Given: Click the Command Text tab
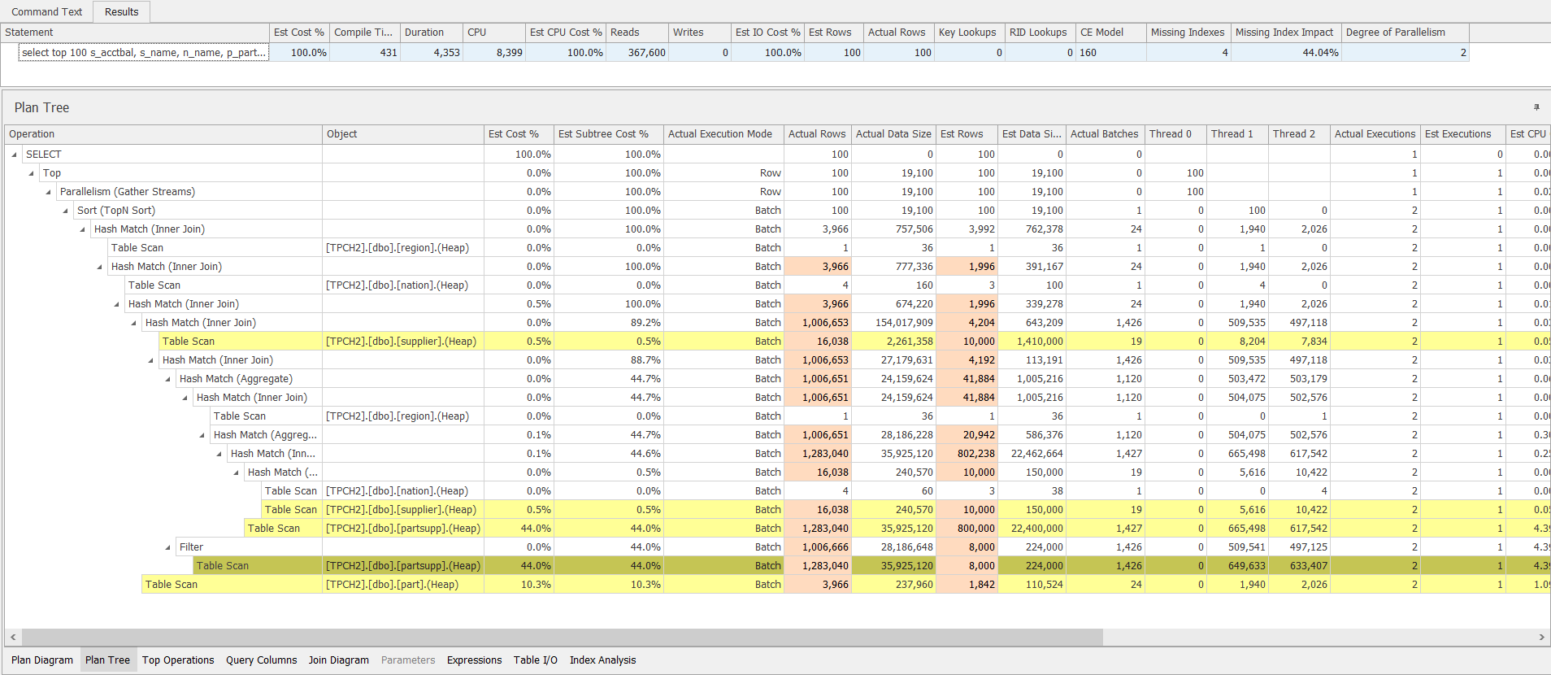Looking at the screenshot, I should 46,11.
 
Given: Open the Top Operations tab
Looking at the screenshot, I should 178,660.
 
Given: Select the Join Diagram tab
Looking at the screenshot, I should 338,660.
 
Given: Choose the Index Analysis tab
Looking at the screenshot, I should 602,660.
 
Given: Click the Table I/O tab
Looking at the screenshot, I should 535,660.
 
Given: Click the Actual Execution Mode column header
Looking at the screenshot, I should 719,134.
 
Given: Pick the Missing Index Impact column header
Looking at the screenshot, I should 1284,33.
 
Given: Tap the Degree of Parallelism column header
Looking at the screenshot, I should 1395,33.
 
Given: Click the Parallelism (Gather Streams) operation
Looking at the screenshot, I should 128,192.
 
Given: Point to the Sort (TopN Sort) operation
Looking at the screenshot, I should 116,211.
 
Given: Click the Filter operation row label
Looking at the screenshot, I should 191,547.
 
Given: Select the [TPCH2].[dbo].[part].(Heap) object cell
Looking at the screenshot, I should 392,585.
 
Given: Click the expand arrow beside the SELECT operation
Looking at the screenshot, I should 15,155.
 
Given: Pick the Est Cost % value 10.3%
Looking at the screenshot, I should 536,585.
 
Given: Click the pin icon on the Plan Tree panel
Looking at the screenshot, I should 1536,107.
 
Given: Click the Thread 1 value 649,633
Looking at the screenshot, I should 1246,566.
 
